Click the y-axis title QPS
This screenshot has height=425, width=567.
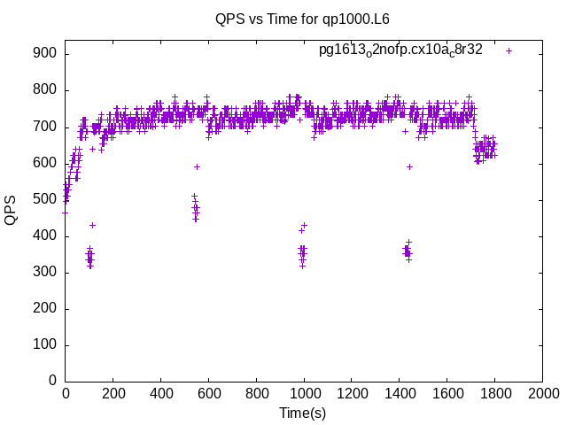click(11, 210)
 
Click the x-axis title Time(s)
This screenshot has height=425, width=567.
click(303, 413)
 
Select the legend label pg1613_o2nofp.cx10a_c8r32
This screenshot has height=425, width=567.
click(400, 50)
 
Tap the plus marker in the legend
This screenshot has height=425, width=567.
click(509, 50)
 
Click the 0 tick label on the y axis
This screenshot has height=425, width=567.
click(52, 381)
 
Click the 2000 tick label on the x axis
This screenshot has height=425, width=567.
click(542, 392)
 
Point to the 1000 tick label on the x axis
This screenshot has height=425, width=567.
click(304, 392)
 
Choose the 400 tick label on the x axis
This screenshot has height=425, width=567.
click(160, 392)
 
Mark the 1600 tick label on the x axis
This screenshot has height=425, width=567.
click(447, 392)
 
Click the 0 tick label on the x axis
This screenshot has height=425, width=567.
click(65, 392)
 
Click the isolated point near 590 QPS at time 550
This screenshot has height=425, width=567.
click(197, 166)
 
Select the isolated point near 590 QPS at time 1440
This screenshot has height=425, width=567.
click(409, 166)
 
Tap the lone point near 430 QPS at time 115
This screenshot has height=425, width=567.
click(92, 225)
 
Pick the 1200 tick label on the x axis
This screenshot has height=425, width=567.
click(352, 392)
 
